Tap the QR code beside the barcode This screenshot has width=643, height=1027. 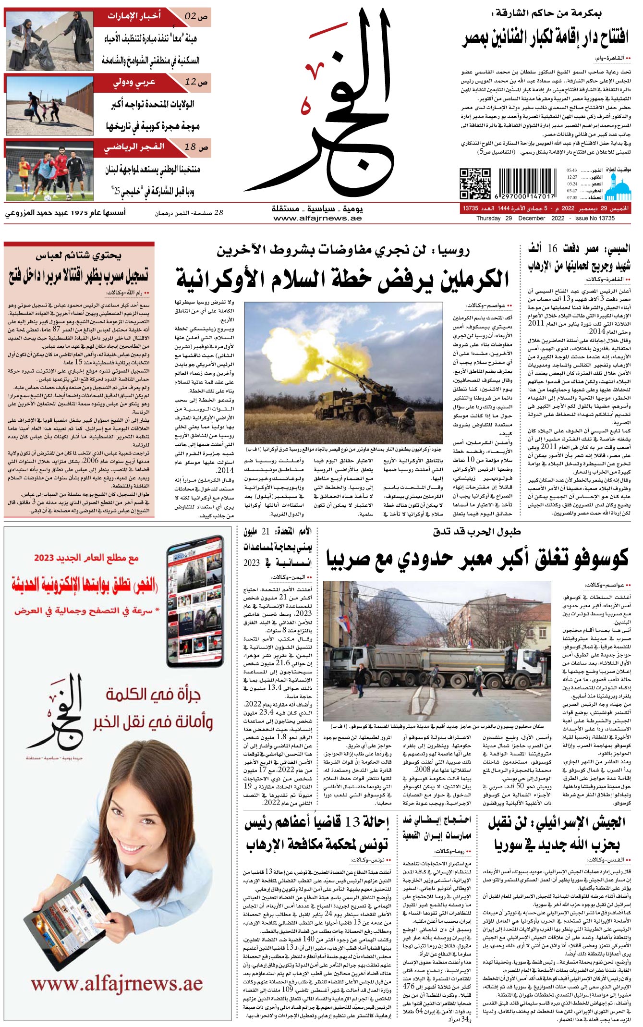[475, 183]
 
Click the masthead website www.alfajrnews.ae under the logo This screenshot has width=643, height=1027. [317, 219]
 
